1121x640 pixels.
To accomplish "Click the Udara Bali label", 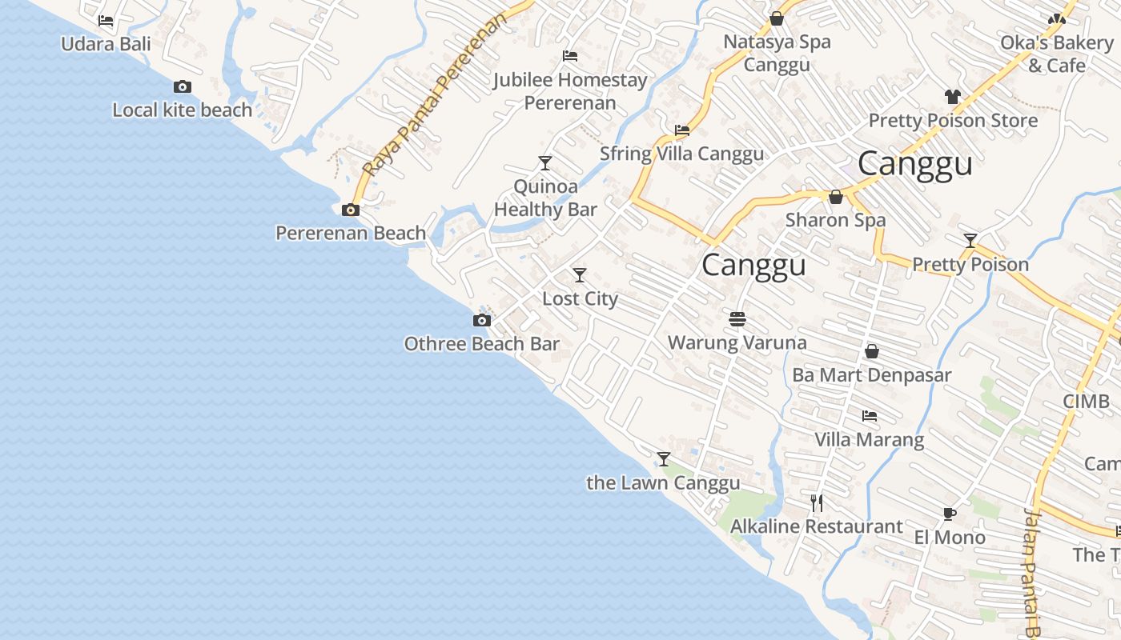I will [106, 43].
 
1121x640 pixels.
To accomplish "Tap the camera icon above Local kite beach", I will [183, 86].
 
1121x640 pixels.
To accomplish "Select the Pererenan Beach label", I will [351, 233].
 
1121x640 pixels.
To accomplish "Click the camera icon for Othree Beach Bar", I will [482, 320].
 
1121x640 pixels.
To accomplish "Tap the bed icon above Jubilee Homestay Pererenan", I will [570, 56].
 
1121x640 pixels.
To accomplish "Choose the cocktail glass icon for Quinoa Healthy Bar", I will [545, 163].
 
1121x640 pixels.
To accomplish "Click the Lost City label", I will [580, 298].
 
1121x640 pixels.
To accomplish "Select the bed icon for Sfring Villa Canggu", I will [682, 130].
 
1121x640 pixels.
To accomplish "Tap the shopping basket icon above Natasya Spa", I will [777, 18].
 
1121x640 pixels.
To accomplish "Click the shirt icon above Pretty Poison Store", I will [952, 97].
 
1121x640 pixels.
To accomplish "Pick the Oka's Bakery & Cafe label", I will [1057, 54].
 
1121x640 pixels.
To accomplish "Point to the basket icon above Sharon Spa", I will [836, 197].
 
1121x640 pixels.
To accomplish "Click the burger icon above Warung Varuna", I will [737, 319].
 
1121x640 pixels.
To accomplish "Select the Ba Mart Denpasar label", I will [872, 374].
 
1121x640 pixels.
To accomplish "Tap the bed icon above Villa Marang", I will [870, 416].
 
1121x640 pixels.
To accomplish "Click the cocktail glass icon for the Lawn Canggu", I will [664, 459].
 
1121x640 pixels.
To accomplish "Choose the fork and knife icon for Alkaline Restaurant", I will [817, 503].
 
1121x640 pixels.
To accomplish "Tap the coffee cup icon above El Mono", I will [950, 514].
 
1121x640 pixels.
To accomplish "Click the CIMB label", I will [1086, 401].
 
